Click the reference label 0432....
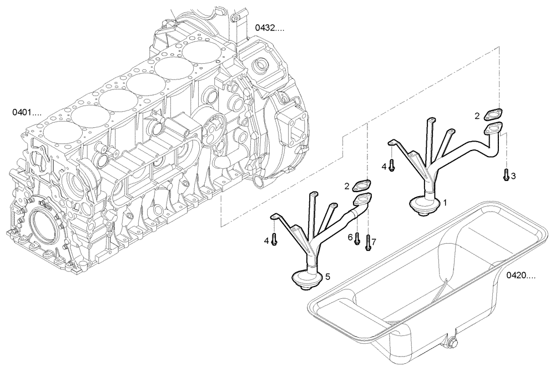pyautogui.click(x=269, y=27)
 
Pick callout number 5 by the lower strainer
pyautogui.click(x=327, y=276)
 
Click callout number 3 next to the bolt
pyautogui.click(x=513, y=176)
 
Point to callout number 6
pyautogui.click(x=350, y=237)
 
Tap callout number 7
pyautogui.click(x=374, y=242)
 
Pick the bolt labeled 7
pyautogui.click(x=367, y=244)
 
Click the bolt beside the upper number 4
pyautogui.click(x=391, y=165)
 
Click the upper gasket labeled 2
pyautogui.click(x=493, y=114)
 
